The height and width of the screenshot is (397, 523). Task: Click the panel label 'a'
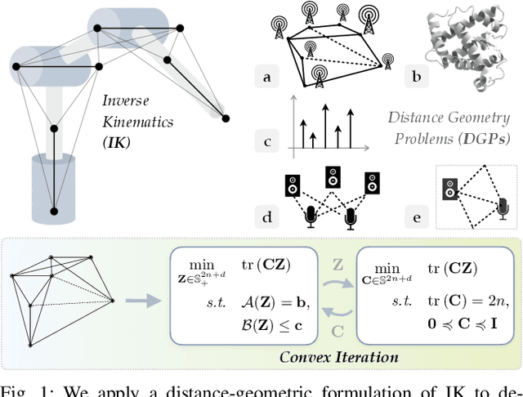coord(266,78)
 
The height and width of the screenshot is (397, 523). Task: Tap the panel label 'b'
coord(416,78)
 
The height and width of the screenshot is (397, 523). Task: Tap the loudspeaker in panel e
coord(449,190)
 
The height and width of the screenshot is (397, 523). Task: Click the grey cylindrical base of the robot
coord(54,187)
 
